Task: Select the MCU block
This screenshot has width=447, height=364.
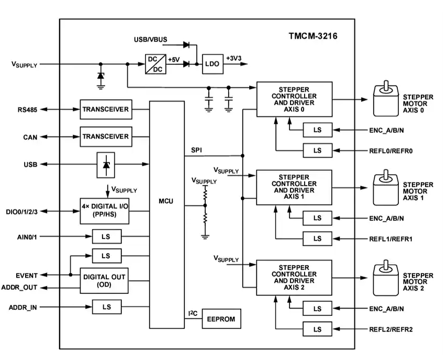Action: pyautogui.click(x=167, y=201)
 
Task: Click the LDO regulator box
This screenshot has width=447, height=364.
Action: pyautogui.click(x=211, y=64)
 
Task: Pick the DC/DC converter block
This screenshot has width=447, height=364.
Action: pyautogui.click(x=155, y=64)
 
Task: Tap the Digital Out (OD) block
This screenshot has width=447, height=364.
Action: pyautogui.click(x=104, y=280)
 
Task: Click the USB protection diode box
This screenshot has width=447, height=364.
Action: pyautogui.click(x=107, y=164)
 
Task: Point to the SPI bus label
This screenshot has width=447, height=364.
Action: pyautogui.click(x=197, y=150)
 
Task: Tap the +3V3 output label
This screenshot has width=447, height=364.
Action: pyautogui.click(x=234, y=59)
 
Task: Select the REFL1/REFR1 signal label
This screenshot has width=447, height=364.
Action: pyautogui.click(x=391, y=238)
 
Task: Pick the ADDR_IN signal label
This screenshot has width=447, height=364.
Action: pyautogui.click(x=23, y=306)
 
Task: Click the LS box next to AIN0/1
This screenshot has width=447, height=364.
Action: pyautogui.click(x=106, y=236)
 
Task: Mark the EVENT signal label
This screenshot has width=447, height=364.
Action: pyautogui.click(x=26, y=275)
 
